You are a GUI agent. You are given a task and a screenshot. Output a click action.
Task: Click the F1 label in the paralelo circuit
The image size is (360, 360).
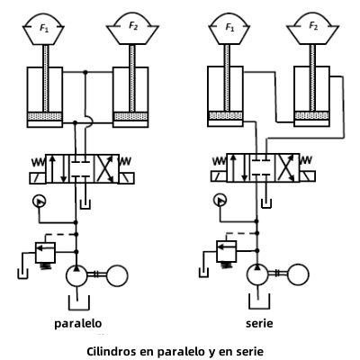pos(44,28)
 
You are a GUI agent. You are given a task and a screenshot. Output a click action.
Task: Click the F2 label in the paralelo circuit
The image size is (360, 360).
pos(133,26)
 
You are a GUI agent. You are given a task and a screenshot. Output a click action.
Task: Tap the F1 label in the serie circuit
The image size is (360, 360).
pos(229,28)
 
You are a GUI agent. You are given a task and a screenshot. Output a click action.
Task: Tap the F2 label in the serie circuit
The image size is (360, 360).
pos(313,26)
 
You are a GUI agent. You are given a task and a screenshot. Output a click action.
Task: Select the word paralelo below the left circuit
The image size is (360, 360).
pos(78,324)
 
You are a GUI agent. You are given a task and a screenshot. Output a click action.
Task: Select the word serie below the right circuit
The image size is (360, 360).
pos(259,324)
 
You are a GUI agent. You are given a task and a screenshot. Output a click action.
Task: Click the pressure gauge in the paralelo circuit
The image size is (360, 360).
pos(39,201)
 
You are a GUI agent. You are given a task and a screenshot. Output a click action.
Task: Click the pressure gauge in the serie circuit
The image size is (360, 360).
pos(220,200)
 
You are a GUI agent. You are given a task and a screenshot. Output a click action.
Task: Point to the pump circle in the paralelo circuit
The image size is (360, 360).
pos(76,276)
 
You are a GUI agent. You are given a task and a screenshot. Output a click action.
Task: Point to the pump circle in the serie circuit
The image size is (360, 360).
pos(257,274)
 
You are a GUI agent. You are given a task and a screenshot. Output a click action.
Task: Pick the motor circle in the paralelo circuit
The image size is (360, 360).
pos(117,275)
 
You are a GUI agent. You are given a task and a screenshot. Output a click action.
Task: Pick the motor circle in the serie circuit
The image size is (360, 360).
pos(298,274)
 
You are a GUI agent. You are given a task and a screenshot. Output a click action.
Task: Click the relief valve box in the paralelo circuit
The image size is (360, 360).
pos(46,252)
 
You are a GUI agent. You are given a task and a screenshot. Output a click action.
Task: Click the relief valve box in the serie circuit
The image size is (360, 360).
pos(227,251)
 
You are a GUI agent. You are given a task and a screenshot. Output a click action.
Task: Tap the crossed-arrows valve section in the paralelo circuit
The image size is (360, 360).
pos(106,168)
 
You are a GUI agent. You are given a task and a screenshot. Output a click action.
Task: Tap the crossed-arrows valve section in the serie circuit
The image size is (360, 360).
pos(287,167)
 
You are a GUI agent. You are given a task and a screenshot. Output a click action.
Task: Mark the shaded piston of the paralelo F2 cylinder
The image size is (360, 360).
pos(130,116)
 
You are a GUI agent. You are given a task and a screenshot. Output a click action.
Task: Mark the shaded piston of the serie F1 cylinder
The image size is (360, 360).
pos(225,115)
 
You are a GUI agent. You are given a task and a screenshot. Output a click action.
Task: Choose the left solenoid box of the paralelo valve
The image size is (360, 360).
pos(38,178)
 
